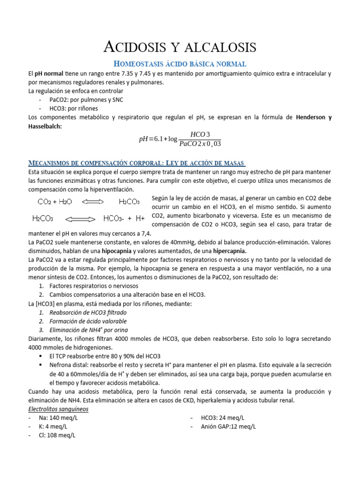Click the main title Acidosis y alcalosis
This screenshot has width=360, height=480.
[x=180, y=47]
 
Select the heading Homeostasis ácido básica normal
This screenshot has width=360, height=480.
[x=180, y=64]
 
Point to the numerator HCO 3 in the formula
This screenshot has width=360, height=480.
[x=201, y=134]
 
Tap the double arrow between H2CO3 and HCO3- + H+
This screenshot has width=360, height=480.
[x=80, y=219]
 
